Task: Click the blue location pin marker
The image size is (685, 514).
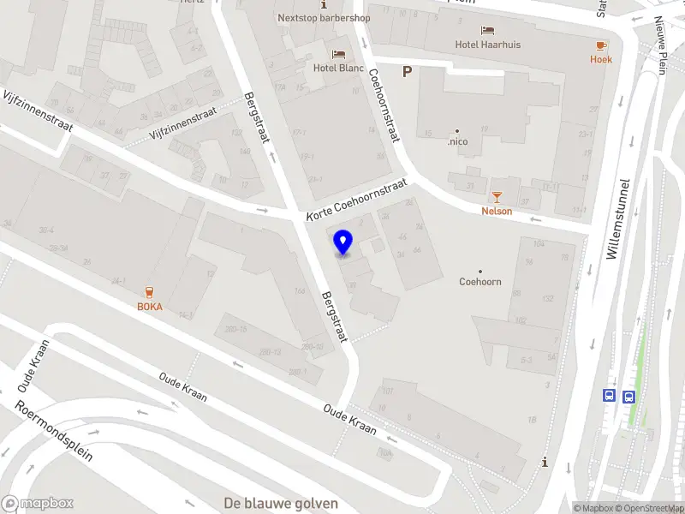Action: coord(343,242)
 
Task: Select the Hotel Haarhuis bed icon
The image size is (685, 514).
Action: coord(488,30)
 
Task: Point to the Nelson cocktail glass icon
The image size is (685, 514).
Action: coord(497,196)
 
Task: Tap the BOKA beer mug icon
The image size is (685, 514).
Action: coord(150,291)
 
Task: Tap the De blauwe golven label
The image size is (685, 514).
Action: coord(281,503)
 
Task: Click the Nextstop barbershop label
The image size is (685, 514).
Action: coord(324,17)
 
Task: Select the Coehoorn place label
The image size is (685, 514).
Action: coord(480,282)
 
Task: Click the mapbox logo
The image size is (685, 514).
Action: coord(38,503)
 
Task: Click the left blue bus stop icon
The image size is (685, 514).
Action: coord(609,396)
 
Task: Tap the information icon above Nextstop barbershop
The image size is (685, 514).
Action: coord(324,5)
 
